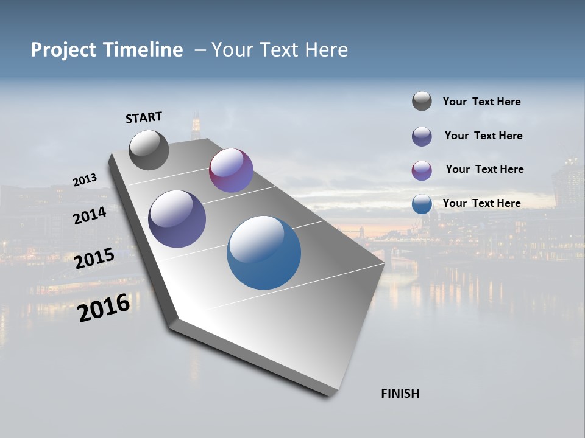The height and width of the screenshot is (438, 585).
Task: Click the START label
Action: point(144,117)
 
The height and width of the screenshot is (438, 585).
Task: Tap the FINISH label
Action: point(400,394)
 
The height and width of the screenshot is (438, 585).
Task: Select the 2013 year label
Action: point(85,180)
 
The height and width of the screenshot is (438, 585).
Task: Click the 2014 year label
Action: point(90,215)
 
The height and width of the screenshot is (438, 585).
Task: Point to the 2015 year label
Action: point(94,259)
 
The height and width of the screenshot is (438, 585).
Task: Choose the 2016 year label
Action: point(104,308)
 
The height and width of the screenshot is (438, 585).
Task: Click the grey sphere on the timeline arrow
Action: point(149,150)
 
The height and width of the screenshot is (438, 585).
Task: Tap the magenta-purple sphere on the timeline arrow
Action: point(231,170)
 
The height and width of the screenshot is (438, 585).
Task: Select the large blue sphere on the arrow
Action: point(264,252)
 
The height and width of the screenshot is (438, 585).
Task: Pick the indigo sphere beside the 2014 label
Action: point(177,219)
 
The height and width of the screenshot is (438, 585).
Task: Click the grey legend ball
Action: point(422,101)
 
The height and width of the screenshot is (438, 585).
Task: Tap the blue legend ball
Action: point(422,204)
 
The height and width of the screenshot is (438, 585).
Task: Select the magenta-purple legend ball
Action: point(422,170)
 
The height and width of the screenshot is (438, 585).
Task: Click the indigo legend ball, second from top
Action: point(422,136)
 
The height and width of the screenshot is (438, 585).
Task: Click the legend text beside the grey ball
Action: point(481,102)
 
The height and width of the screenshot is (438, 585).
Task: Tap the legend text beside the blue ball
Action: point(481,203)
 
